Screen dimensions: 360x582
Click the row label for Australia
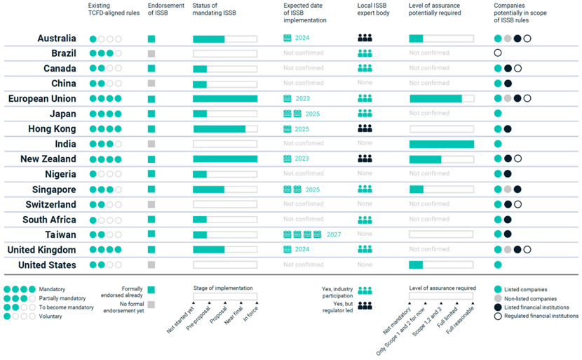click(57, 39)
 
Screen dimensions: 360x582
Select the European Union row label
click(42, 99)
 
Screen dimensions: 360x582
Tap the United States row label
click(47, 265)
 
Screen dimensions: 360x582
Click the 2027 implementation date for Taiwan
click(334, 234)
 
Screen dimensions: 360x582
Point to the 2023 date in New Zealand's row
click(303, 159)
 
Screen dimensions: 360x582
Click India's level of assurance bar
click(442, 144)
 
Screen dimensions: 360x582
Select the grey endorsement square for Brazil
click(151, 53)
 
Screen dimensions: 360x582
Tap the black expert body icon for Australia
click(365, 39)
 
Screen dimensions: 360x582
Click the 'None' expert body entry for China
click(365, 84)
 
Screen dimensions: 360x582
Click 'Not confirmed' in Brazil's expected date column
click(304, 53)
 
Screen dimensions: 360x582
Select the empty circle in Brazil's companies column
click(498, 53)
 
